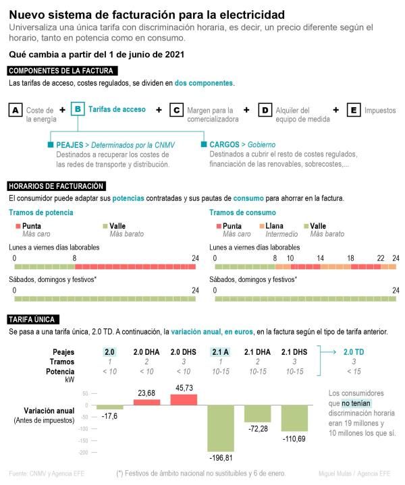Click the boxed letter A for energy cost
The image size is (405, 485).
[x=16, y=110]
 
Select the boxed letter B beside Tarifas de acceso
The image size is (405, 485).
[x=78, y=109]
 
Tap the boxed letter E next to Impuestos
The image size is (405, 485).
[x=353, y=110]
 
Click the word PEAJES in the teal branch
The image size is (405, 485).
[x=70, y=144]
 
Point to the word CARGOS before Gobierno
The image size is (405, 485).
[x=223, y=144]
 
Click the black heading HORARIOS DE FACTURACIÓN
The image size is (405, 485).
[x=56, y=186]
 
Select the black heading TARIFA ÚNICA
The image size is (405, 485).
[x=33, y=320]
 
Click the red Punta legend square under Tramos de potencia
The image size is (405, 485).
[x=18, y=226]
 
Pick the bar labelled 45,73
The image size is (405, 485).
[x=184, y=399]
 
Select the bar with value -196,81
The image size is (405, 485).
[x=220, y=428]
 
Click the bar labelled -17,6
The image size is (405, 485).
[x=109, y=407]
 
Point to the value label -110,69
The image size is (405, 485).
[x=294, y=439]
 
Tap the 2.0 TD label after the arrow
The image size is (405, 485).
[x=354, y=351]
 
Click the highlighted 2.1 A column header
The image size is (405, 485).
[x=221, y=351]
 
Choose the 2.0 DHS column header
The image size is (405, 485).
[x=184, y=351]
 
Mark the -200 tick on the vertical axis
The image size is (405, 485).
[x=85, y=453]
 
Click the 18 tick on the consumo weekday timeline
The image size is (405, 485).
[x=351, y=258]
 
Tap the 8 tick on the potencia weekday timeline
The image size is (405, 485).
[x=74, y=258]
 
